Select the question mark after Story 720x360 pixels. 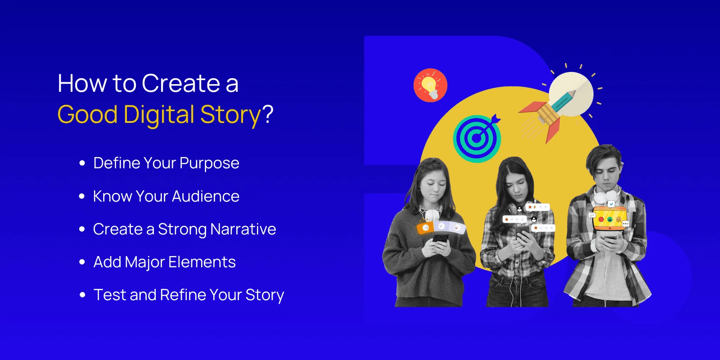(268, 114)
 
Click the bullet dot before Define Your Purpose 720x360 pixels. (82, 163)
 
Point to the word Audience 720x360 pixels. (206, 196)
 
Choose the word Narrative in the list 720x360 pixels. (243, 229)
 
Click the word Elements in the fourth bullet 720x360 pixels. (202, 262)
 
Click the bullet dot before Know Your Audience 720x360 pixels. (82, 196)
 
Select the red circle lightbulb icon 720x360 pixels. (430, 85)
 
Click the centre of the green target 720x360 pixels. (477, 139)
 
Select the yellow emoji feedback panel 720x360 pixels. (609, 219)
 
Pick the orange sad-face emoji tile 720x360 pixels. (425, 228)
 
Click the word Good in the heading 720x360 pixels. (88, 115)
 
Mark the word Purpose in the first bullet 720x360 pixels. (209, 163)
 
